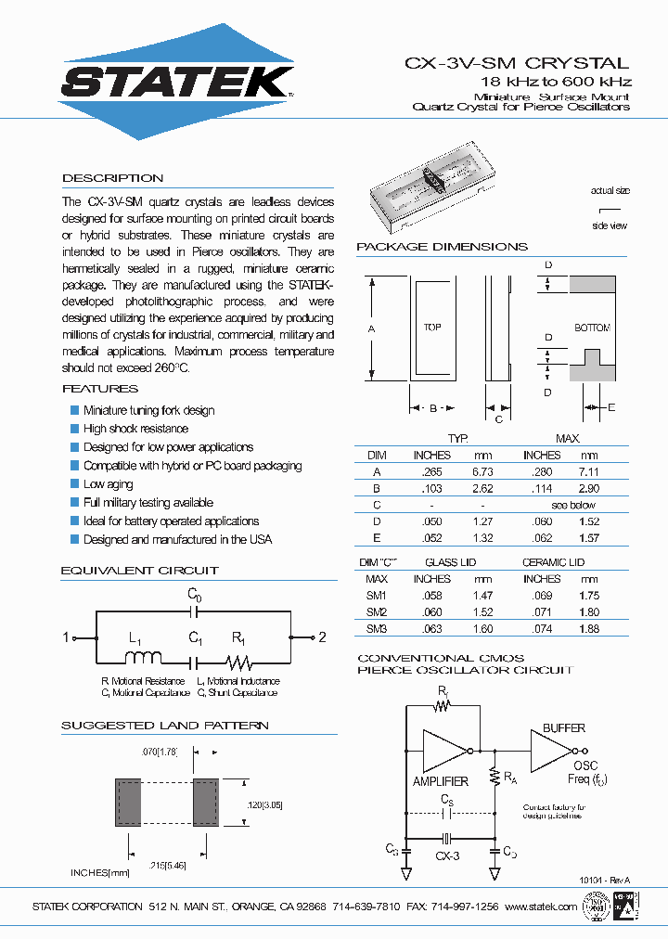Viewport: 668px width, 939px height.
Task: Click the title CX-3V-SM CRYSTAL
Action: pyautogui.click(x=517, y=64)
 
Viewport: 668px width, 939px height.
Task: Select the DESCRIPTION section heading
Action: pyautogui.click(x=112, y=178)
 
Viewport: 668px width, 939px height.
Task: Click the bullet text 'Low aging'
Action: pyautogui.click(x=108, y=484)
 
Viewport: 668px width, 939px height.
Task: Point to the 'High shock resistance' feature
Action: pyautogui.click(x=135, y=429)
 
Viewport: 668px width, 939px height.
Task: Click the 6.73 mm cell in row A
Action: pyautogui.click(x=482, y=471)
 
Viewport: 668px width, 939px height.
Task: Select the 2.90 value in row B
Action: pyautogui.click(x=589, y=488)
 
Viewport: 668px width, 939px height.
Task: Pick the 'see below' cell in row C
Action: pyautogui.click(x=572, y=505)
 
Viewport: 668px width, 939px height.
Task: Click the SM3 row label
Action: pyautogui.click(x=376, y=629)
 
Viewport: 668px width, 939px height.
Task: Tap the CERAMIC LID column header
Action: pyautogui.click(x=553, y=562)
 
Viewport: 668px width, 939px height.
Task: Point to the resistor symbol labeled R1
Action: pyautogui.click(x=239, y=662)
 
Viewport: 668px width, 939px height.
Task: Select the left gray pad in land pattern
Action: pyautogui.click(x=127, y=802)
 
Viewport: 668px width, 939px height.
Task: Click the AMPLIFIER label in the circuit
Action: pyautogui.click(x=440, y=781)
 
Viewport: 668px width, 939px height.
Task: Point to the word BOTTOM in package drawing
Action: pyautogui.click(x=592, y=328)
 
